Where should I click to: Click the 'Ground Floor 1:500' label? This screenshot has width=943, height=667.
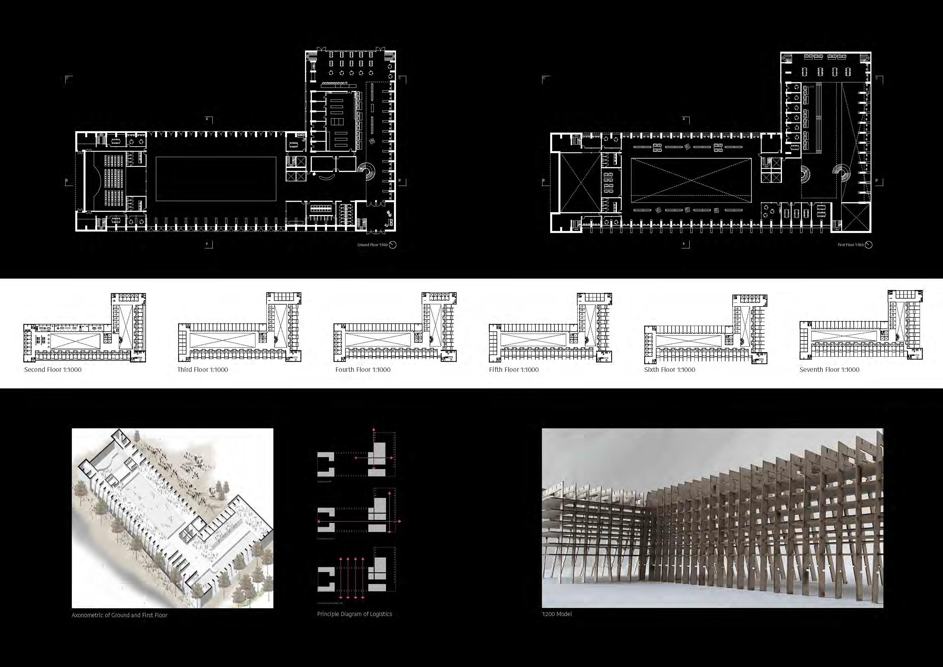point(372,245)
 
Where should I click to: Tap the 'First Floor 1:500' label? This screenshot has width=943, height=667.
point(851,245)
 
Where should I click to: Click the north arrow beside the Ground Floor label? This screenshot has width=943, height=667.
point(393,245)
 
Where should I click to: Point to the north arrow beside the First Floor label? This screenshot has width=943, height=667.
point(869,245)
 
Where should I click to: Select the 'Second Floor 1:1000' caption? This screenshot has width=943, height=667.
point(52,370)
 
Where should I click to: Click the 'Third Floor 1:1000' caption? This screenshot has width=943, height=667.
point(202,370)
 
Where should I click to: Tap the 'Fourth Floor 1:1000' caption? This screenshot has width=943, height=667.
point(363,370)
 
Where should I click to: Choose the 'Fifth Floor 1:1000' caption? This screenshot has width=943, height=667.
point(513,370)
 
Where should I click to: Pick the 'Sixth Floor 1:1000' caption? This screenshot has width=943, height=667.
point(669,370)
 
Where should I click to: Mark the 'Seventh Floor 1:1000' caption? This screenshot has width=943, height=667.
point(829,370)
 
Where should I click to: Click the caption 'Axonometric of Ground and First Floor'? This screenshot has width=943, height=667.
point(119,615)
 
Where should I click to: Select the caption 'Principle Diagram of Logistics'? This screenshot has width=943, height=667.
point(354,614)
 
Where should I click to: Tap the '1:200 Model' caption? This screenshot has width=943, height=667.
point(556,614)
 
